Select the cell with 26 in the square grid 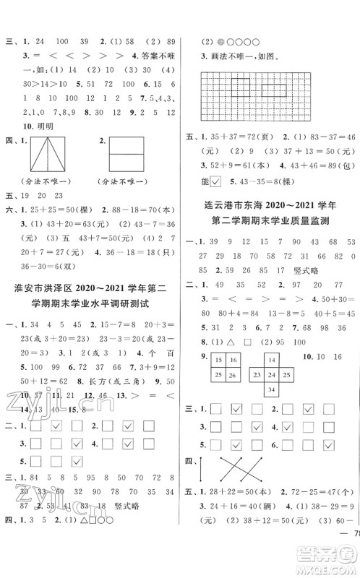[x=235, y=374]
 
